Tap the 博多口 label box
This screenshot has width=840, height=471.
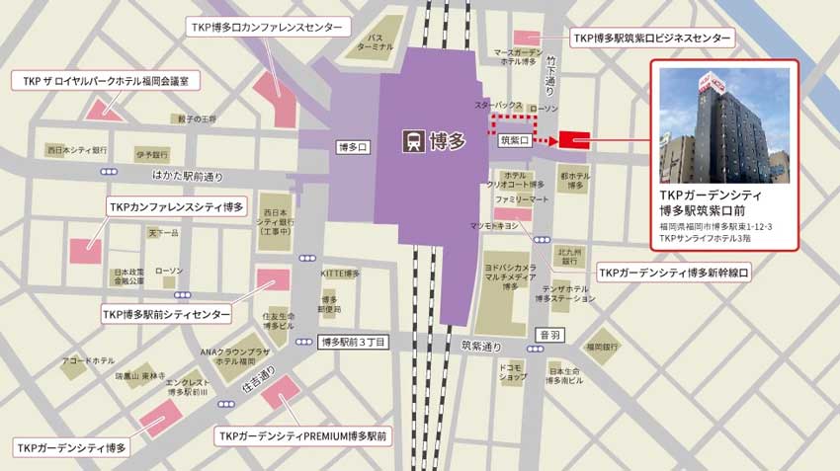(x=353, y=147)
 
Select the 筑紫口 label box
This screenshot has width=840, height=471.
(x=517, y=141)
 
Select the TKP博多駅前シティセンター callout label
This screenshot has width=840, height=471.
(x=166, y=314)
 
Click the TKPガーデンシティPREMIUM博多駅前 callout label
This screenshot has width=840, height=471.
(x=303, y=435)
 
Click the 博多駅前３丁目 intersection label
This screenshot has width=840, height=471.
(x=354, y=343)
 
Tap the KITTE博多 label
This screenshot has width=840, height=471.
(x=340, y=273)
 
